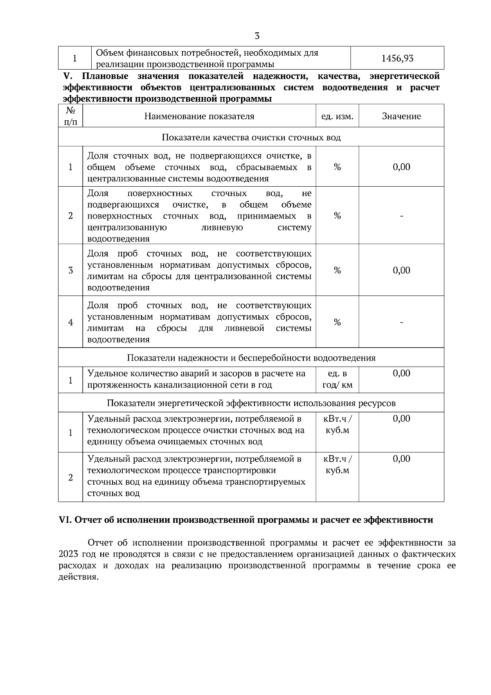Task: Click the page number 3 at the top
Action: [x=257, y=36]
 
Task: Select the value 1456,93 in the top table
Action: [x=397, y=59]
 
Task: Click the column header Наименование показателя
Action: [x=199, y=116]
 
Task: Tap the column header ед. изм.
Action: [x=337, y=116]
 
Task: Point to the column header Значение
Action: [x=401, y=116]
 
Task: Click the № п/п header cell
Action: [x=70, y=116]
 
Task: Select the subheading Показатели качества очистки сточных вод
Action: [x=251, y=138]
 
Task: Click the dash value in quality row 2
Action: [x=401, y=216]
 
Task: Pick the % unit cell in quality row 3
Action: [x=337, y=270]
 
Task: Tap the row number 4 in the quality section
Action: [x=70, y=322]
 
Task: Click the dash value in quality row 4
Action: [x=401, y=323]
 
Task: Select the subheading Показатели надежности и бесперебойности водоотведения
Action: [x=251, y=358]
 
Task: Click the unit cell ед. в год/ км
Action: [x=337, y=379]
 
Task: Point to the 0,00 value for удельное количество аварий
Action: [x=401, y=373]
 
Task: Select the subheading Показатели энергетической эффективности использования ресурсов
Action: [x=251, y=403]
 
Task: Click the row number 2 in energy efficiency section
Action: [x=70, y=477]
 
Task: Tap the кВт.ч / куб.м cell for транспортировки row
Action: [x=337, y=465]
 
